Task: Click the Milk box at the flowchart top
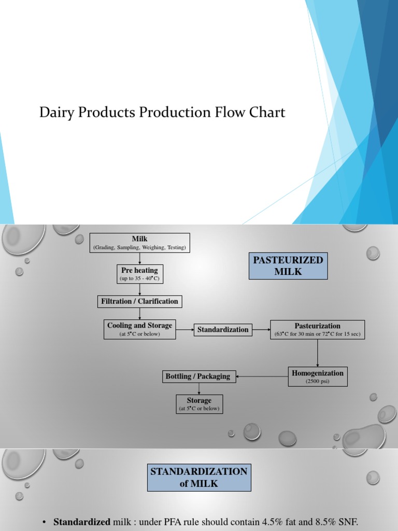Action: (x=139, y=243)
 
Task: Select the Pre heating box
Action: (x=139, y=274)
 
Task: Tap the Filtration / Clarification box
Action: (x=139, y=301)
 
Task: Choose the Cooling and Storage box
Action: (x=139, y=329)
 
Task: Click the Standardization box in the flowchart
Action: (x=223, y=329)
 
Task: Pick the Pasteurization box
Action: (x=317, y=329)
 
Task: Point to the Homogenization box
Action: (x=317, y=376)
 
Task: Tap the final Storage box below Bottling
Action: (x=199, y=404)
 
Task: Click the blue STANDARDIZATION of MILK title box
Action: (x=199, y=478)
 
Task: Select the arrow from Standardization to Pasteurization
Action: (x=261, y=329)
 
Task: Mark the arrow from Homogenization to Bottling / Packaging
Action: (x=262, y=376)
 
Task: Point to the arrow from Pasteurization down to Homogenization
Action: (x=317, y=353)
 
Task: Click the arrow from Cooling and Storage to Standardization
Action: (x=184, y=329)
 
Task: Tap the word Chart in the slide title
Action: (x=268, y=112)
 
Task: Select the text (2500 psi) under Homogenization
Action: (x=317, y=381)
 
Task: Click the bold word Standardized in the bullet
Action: (x=82, y=521)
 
